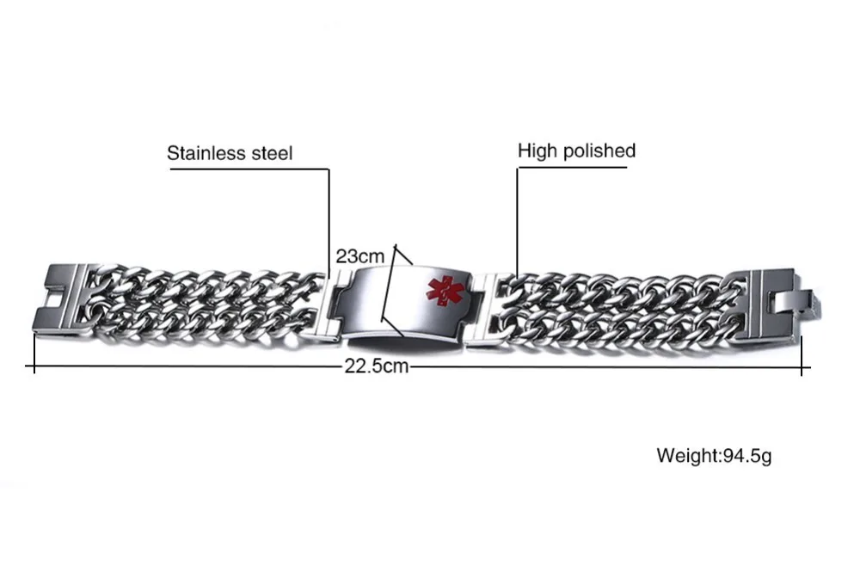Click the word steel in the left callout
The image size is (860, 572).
[272, 154]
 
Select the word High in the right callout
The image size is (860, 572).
[537, 151]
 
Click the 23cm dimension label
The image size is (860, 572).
[359, 257]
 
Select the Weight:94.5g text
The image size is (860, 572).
[714, 455]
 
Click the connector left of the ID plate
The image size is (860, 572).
[341, 303]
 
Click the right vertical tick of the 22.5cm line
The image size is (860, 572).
[802, 355]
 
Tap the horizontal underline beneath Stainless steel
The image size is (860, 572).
[249, 169]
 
